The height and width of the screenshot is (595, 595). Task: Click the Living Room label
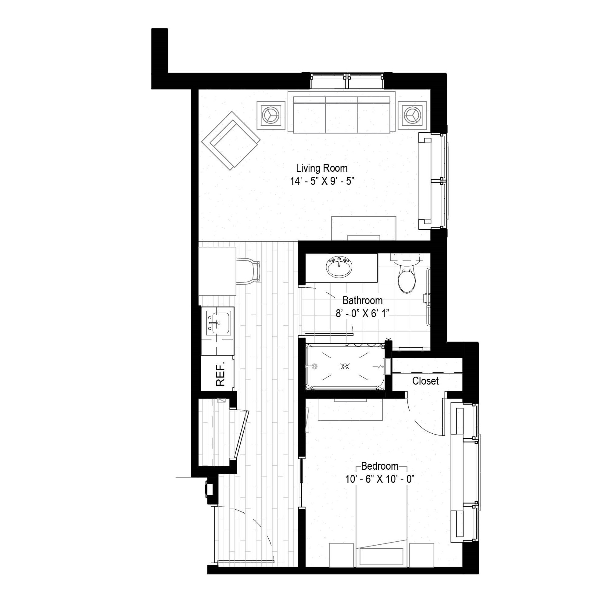pos(322,168)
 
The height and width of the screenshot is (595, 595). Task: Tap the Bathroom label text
pos(363,300)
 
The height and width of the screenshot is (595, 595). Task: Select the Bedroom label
pos(380,466)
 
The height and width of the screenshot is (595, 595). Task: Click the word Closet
pos(425,381)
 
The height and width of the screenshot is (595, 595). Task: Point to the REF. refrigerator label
pos(220,374)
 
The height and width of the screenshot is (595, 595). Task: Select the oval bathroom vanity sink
pos(339,267)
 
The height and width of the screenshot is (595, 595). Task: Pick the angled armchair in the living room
pos(231,141)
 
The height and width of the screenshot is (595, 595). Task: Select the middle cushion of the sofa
pos(342,115)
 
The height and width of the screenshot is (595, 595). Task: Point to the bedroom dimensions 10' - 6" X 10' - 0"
pos(380,479)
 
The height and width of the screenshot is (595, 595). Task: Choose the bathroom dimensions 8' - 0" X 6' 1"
pos(363,314)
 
